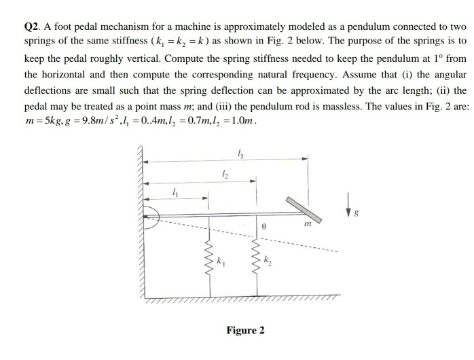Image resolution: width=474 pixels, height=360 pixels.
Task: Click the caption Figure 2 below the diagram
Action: pos(245,331)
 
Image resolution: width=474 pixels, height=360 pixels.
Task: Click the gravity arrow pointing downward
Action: pos(350,202)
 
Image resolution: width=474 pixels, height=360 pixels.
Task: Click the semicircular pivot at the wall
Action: pos(149,213)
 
